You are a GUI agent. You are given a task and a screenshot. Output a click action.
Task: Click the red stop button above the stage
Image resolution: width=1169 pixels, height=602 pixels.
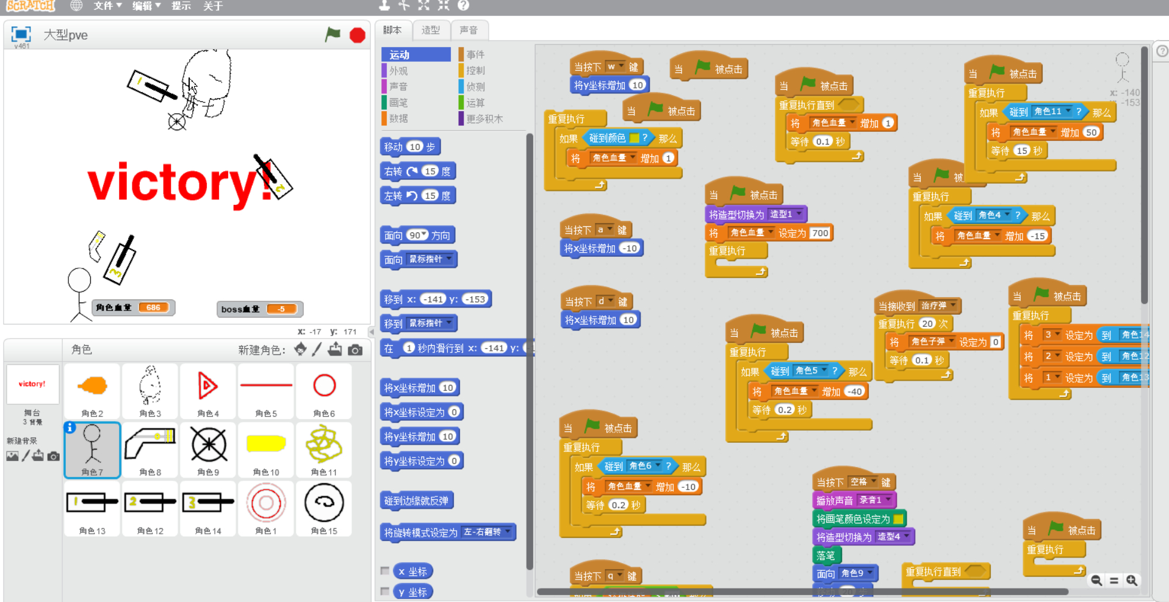pos(358,35)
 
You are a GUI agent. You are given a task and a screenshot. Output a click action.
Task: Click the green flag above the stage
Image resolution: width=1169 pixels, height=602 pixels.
pos(333,35)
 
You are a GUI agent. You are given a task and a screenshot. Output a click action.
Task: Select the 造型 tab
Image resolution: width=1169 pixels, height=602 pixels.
pos(430,30)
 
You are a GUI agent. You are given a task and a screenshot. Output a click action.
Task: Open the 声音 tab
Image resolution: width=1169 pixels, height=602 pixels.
pos(469,30)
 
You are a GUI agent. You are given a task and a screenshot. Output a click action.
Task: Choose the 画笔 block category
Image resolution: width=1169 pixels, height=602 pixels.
pos(398,102)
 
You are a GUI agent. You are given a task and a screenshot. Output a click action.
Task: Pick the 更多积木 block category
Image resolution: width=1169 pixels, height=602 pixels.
pos(484,119)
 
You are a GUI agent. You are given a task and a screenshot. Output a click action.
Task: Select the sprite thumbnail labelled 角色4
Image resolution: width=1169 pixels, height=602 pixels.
pos(208,391)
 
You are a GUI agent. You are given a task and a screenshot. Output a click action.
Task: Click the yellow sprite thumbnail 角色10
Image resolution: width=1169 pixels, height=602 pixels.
pos(266,450)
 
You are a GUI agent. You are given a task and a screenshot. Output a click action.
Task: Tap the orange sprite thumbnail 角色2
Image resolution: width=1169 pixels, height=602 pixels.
pos(92,391)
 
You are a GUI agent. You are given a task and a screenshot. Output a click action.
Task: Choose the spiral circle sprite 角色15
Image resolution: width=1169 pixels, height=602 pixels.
pos(324,508)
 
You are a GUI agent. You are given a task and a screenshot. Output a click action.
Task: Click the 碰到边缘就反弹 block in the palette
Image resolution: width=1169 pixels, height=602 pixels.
pos(416,501)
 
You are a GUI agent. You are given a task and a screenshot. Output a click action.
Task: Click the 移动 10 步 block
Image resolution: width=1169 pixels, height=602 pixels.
pos(409,147)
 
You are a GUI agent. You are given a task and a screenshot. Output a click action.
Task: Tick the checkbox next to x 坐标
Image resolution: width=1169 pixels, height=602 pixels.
pos(385,571)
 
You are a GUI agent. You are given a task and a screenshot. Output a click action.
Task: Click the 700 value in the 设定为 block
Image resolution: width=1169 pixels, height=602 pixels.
pos(820,233)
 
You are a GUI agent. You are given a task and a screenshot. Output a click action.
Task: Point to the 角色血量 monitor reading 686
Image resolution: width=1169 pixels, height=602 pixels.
pos(153,307)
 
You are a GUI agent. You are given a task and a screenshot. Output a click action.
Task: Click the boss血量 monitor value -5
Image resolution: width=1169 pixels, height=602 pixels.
pos(281,309)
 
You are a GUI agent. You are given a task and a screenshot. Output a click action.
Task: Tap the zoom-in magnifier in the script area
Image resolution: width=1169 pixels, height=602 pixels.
pos(1132,580)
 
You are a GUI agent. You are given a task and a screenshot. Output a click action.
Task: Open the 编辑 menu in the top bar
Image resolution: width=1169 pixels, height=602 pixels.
pos(146,6)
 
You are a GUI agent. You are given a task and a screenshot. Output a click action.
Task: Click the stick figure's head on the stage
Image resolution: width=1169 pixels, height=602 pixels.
pos(79,280)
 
